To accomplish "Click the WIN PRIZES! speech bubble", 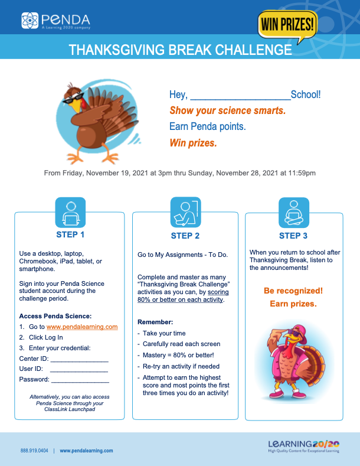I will tap(286, 25).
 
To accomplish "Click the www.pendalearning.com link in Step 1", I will tap(82, 327).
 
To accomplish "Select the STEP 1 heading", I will tap(70, 234).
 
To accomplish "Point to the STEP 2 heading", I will tap(185, 236).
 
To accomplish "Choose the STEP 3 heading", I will tap(293, 236).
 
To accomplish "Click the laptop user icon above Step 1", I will tap(70, 213).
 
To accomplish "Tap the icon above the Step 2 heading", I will tap(185, 213).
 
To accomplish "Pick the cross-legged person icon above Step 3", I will tap(293, 213).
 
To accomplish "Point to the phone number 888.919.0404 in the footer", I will tap(34, 451).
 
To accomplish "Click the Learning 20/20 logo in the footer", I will tap(303, 446).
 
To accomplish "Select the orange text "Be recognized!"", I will tap(293, 291).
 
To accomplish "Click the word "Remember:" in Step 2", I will tap(155, 322).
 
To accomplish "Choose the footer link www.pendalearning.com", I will tap(86, 451).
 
